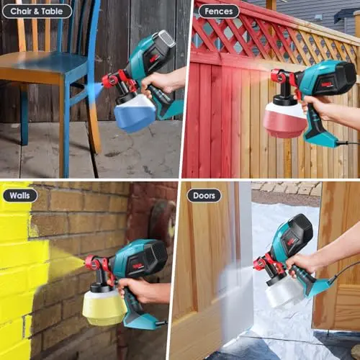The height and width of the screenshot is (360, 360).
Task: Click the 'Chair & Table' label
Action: (x=37, y=12)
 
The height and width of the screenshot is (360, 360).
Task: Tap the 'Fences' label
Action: (x=219, y=12)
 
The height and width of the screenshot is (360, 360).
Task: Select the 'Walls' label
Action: (x=20, y=195)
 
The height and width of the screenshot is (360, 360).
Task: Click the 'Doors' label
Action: (x=204, y=196)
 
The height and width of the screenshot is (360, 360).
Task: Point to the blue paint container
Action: (x=135, y=114)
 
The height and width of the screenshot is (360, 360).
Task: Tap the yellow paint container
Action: (x=104, y=305)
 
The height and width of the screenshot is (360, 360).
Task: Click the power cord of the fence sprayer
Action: (x=348, y=143)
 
